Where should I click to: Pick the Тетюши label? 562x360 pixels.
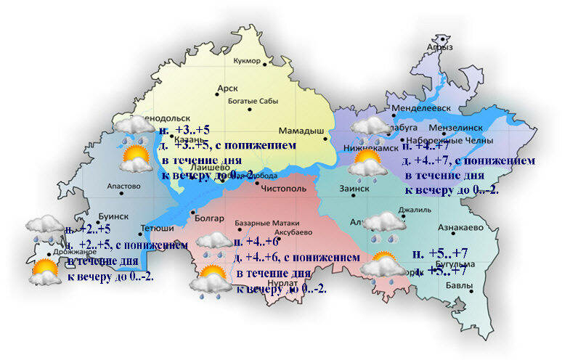click(152, 225)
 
